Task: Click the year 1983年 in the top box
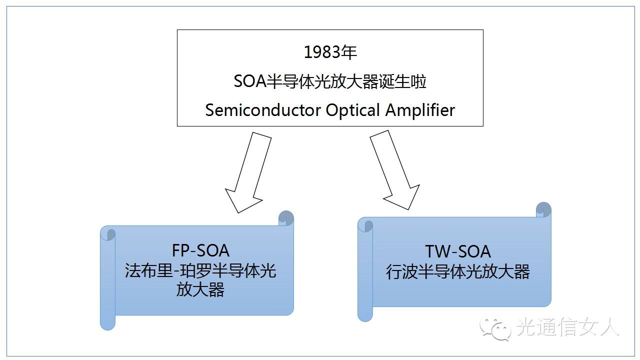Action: tap(330, 51)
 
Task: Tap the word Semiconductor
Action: tap(263, 110)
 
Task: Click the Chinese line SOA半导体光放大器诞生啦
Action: tap(330, 81)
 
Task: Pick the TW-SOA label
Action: tap(457, 251)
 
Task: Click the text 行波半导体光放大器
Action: tap(457, 272)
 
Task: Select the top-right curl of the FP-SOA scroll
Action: tap(286, 218)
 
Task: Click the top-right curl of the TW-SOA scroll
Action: tap(543, 209)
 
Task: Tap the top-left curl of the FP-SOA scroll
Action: tap(108, 233)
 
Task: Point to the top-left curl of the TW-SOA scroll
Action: tap(365, 225)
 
